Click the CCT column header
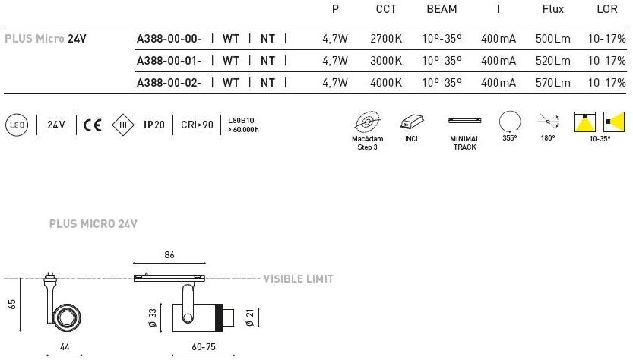pyautogui.click(x=386, y=9)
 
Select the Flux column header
pyautogui.click(x=552, y=9)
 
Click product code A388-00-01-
pyautogui.click(x=169, y=61)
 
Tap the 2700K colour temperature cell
pyautogui.click(x=386, y=39)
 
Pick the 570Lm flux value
pyautogui.click(x=552, y=83)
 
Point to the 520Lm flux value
pyautogui.click(x=552, y=61)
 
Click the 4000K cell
pyautogui.click(x=386, y=83)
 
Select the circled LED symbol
pyautogui.click(x=17, y=125)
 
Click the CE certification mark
pyautogui.click(x=93, y=125)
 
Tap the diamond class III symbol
pyautogui.click(x=123, y=125)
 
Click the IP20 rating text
pyautogui.click(x=154, y=125)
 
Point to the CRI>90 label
pyautogui.click(x=197, y=125)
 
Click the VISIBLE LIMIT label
pyautogui.click(x=299, y=279)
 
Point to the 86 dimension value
pyautogui.click(x=169, y=255)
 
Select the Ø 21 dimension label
pyautogui.click(x=250, y=317)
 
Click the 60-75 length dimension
pyautogui.click(x=204, y=346)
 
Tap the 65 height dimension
pyautogui.click(x=11, y=305)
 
